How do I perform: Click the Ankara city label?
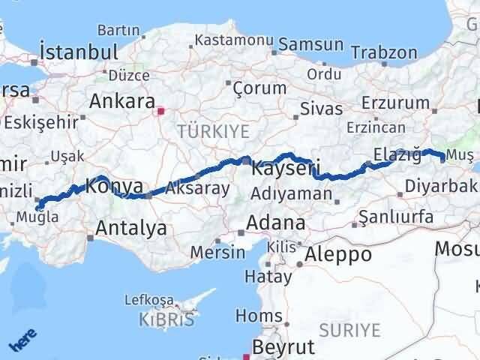point(122,100)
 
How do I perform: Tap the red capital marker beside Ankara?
point(160,111)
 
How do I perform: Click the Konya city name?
point(115,185)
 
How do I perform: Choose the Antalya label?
point(131,229)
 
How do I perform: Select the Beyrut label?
point(284,347)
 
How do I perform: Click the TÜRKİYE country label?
point(213,131)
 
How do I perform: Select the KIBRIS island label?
point(166,319)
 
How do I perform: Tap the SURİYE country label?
point(349,329)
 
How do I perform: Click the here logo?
point(22,341)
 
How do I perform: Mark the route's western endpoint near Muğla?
point(38,207)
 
